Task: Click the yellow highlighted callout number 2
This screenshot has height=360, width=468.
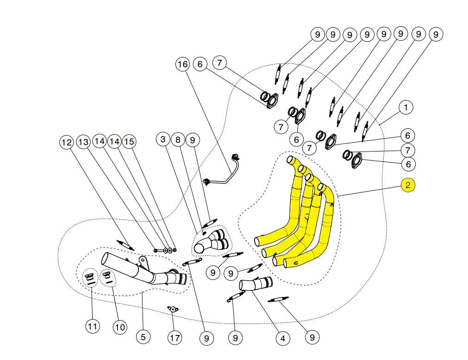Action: coord(408,185)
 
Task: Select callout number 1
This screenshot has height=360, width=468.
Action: coord(406,107)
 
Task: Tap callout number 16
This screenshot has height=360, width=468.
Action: coord(183,64)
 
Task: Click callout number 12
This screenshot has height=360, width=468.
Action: coord(67,142)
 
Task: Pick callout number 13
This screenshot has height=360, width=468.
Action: coord(83,142)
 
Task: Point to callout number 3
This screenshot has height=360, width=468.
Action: coord(163,139)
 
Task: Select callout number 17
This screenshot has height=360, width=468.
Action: coord(175,338)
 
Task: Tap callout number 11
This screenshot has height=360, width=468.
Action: coord(93,326)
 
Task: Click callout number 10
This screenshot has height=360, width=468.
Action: coord(120,328)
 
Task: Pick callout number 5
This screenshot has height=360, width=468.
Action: coord(143,336)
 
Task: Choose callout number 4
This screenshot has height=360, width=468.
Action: coord(282,339)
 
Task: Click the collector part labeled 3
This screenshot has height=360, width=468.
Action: coord(212,242)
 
